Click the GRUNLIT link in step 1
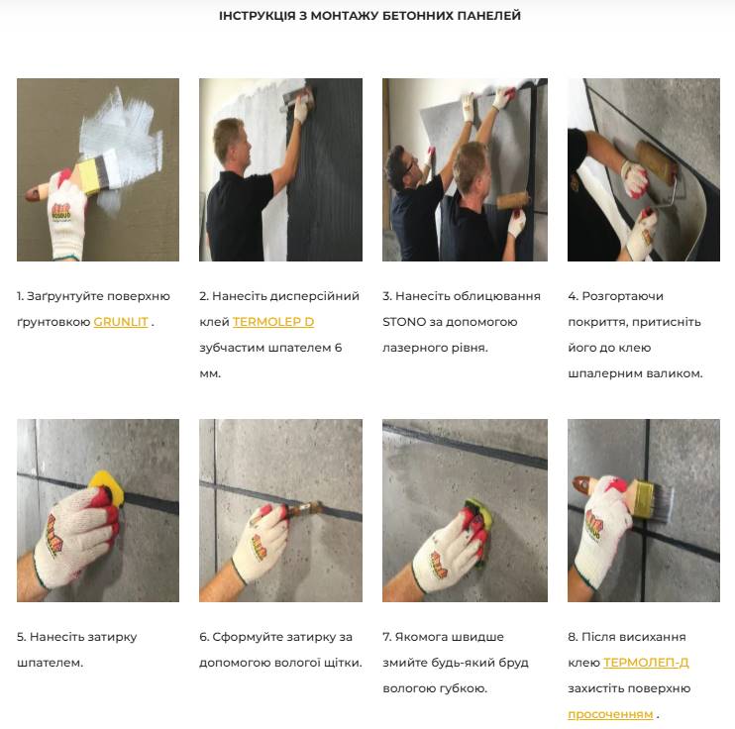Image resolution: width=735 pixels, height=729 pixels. click(121, 322)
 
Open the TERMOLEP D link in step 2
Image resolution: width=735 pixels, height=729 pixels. click(273, 322)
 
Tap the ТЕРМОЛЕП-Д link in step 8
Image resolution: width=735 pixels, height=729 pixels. click(646, 663)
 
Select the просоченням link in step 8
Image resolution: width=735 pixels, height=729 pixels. click(610, 714)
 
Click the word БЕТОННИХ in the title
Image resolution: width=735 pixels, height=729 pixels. click(417, 16)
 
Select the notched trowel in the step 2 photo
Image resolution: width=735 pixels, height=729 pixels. click(297, 99)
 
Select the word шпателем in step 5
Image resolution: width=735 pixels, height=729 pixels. click(50, 663)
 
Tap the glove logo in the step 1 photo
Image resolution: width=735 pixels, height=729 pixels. click(61, 212)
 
